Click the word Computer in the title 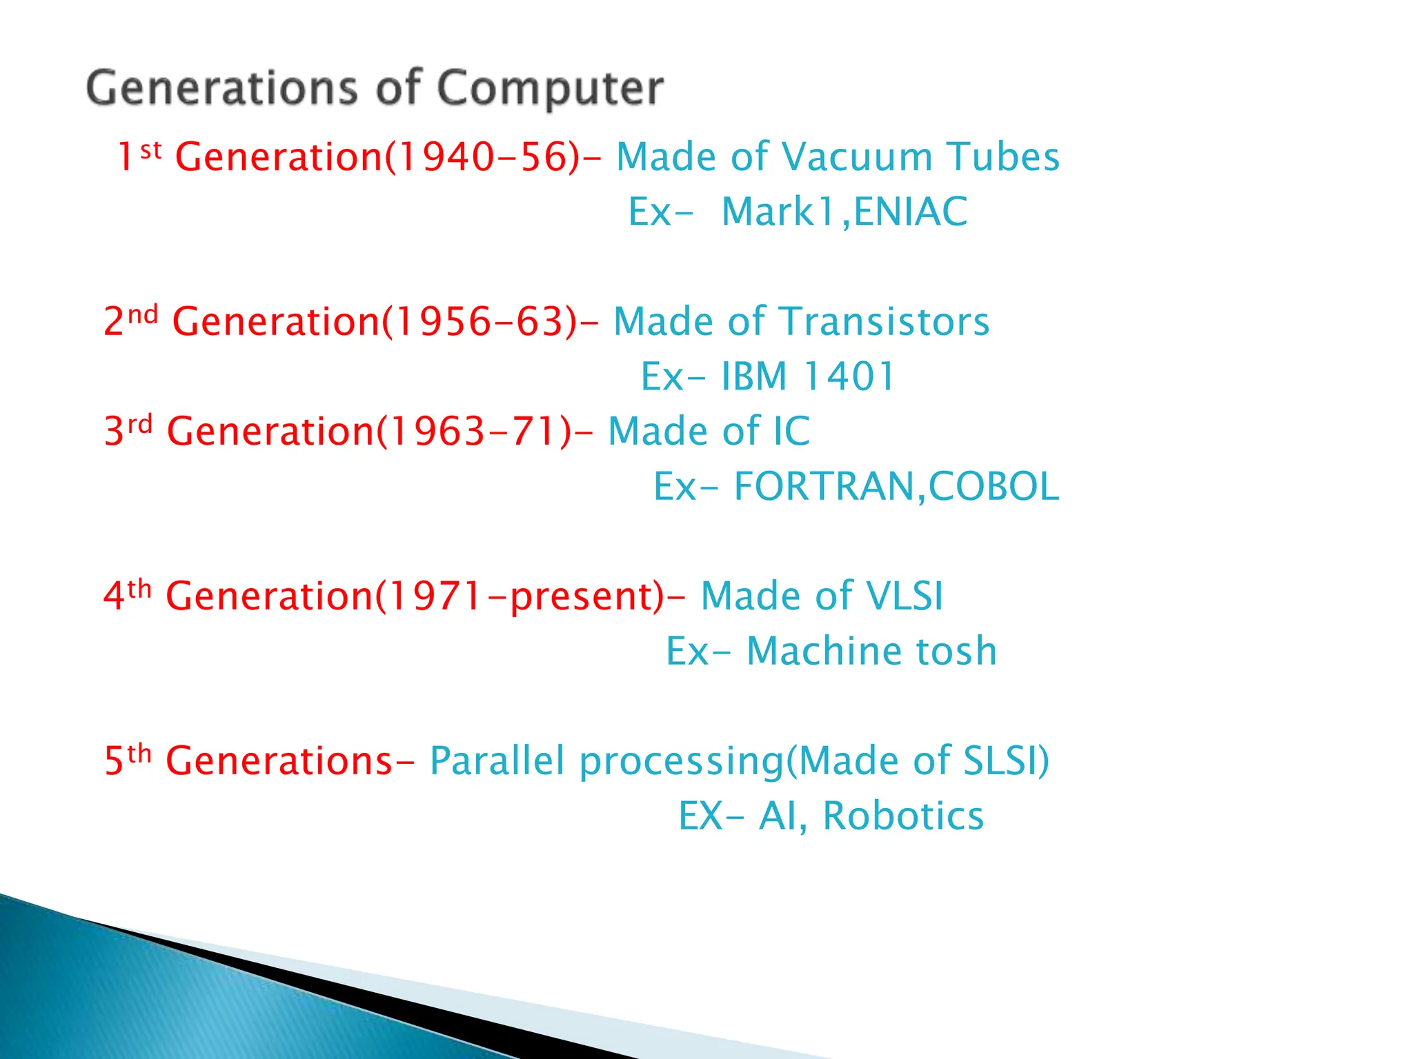point(550,90)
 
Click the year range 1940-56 point(482,157)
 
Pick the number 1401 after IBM point(849,376)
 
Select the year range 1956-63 point(479,322)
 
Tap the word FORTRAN point(824,487)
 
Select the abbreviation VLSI point(904,596)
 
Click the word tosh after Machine point(956,652)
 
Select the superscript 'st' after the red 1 point(150,150)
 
